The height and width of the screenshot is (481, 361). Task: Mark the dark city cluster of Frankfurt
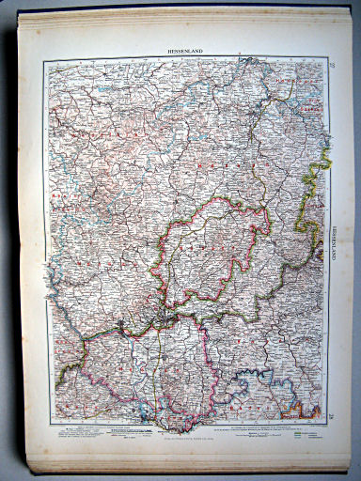point(166,320)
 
